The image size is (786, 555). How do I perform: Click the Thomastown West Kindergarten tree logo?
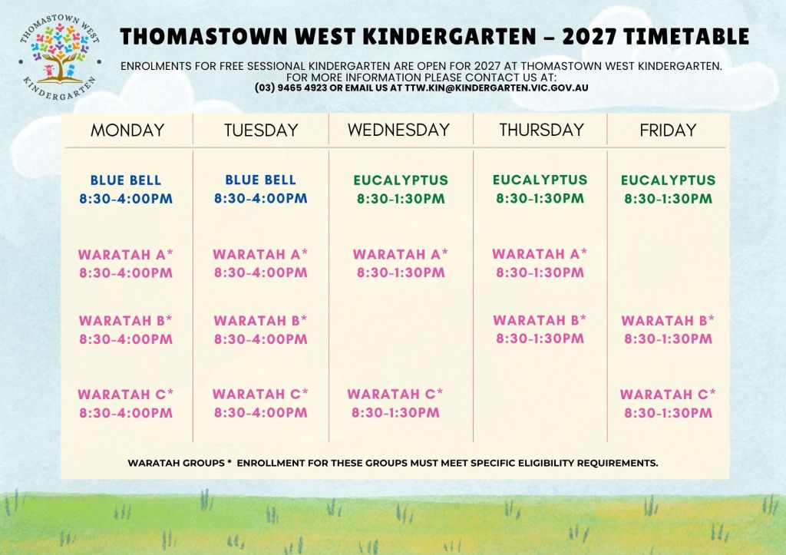(60, 56)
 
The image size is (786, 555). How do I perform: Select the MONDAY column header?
(127, 130)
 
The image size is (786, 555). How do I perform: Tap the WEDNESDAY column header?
(398, 130)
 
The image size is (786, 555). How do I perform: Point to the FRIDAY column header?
(668, 130)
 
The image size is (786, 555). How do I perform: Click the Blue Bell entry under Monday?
(126, 189)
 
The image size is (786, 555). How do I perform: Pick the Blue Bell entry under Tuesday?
(261, 189)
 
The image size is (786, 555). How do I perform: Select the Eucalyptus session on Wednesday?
(401, 189)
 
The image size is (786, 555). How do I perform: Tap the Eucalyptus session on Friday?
(669, 189)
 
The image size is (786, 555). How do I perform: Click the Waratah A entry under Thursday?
(540, 263)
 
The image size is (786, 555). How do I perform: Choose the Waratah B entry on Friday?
(669, 329)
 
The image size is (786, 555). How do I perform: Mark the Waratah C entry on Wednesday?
(395, 403)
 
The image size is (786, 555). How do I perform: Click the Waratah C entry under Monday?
(126, 404)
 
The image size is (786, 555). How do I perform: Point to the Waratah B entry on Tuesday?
(261, 329)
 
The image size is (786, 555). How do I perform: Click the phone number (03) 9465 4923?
(291, 88)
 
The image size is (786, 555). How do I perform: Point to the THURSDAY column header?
(541, 130)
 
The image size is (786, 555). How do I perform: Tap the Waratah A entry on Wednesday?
(401, 263)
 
